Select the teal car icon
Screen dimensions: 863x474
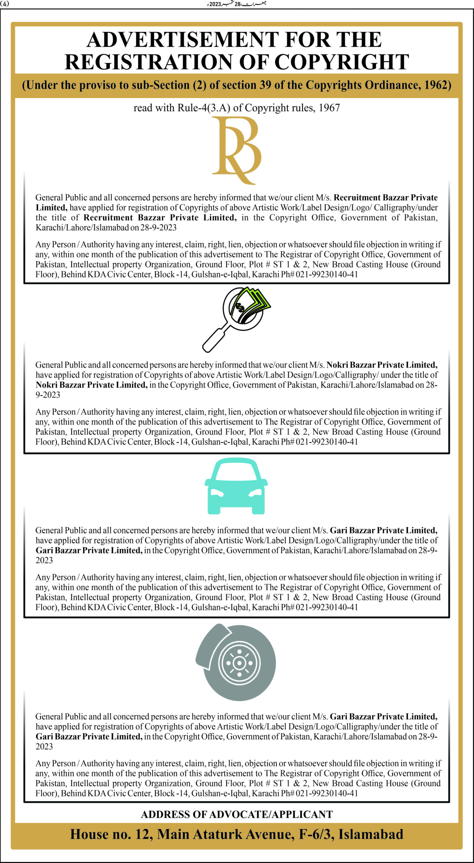pyautogui.click(x=236, y=485)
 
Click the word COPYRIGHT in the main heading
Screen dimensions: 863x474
pyautogui.click(x=342, y=62)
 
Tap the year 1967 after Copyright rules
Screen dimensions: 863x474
pyautogui.click(x=329, y=108)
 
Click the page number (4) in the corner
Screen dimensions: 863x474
pyautogui.click(x=5, y=4)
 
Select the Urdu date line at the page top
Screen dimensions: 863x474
pyautogui.click(x=237, y=4)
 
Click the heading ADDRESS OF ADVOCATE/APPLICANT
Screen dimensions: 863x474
pyautogui.click(x=237, y=814)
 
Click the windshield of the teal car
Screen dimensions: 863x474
pyautogui.click(x=236, y=471)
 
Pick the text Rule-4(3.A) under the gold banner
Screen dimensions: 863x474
pyautogui.click(x=204, y=108)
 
